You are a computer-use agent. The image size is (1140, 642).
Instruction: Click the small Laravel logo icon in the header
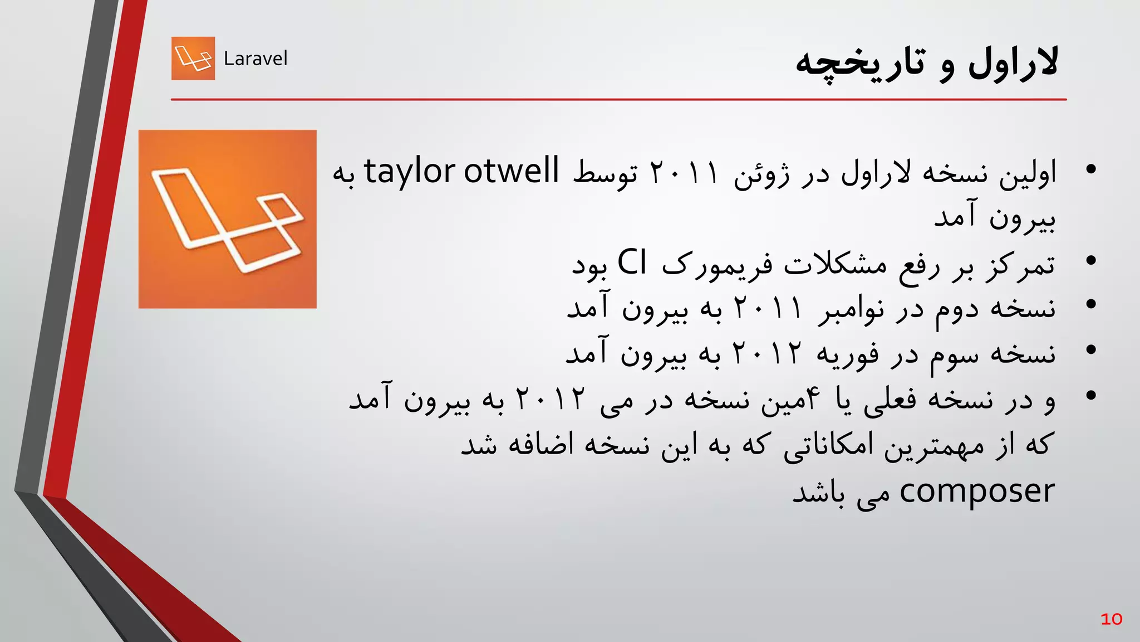click(x=193, y=59)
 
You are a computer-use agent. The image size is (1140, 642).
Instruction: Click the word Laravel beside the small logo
click(x=255, y=59)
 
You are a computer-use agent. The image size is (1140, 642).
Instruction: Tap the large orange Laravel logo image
click(x=227, y=219)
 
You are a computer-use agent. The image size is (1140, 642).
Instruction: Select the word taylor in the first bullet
click(x=410, y=172)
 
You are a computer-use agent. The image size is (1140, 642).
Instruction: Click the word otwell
click(x=511, y=171)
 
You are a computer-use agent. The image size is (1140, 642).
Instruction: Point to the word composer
click(x=976, y=492)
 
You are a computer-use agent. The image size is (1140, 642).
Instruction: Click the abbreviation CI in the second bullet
click(x=632, y=262)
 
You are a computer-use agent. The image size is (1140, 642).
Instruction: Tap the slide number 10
click(x=1111, y=619)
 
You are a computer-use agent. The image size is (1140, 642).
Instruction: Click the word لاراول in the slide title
click(x=1013, y=63)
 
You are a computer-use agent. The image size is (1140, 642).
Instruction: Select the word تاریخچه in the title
click(x=860, y=64)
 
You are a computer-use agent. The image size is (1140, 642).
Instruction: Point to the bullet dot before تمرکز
click(x=1090, y=260)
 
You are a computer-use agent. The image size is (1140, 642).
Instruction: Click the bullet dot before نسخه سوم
click(x=1090, y=350)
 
